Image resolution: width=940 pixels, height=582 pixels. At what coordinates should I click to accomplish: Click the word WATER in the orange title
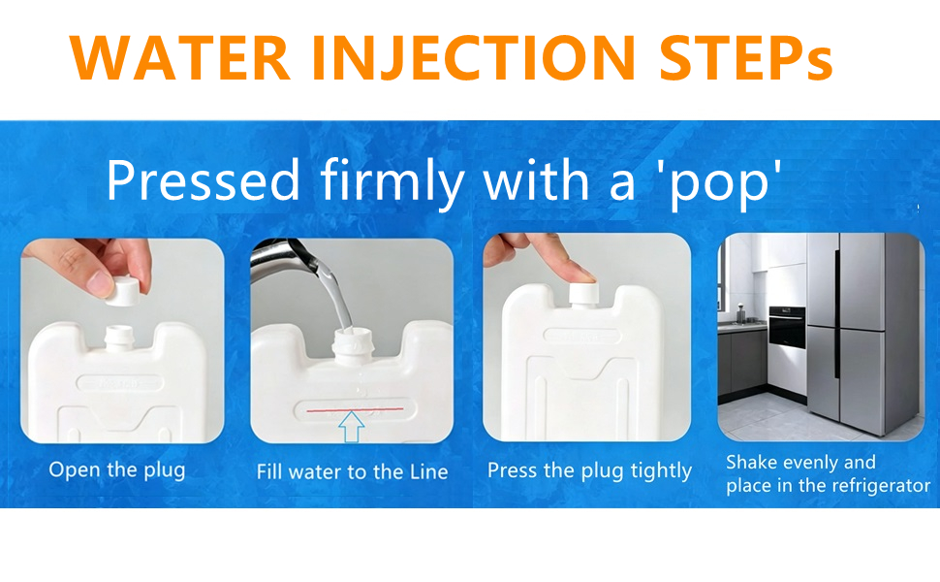pyautogui.click(x=180, y=57)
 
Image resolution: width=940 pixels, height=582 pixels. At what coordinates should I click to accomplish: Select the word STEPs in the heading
pyautogui.click(x=746, y=57)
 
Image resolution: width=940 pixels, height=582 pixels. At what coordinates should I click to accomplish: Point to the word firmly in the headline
pyautogui.click(x=392, y=181)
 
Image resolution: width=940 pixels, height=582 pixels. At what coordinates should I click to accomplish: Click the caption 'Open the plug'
pyautogui.click(x=117, y=470)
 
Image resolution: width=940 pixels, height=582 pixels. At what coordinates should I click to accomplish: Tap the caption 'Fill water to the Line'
pyautogui.click(x=353, y=471)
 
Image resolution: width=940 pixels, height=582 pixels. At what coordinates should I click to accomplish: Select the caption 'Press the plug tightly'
pyautogui.click(x=590, y=471)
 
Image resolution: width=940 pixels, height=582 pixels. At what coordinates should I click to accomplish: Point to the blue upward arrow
pyautogui.click(x=352, y=427)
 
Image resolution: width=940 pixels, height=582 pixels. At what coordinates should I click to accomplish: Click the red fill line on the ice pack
pyautogui.click(x=355, y=409)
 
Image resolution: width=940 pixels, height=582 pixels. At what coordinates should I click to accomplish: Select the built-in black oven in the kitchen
pyautogui.click(x=787, y=327)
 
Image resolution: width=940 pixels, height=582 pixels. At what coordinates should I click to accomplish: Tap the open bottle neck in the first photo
pyautogui.click(x=118, y=338)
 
